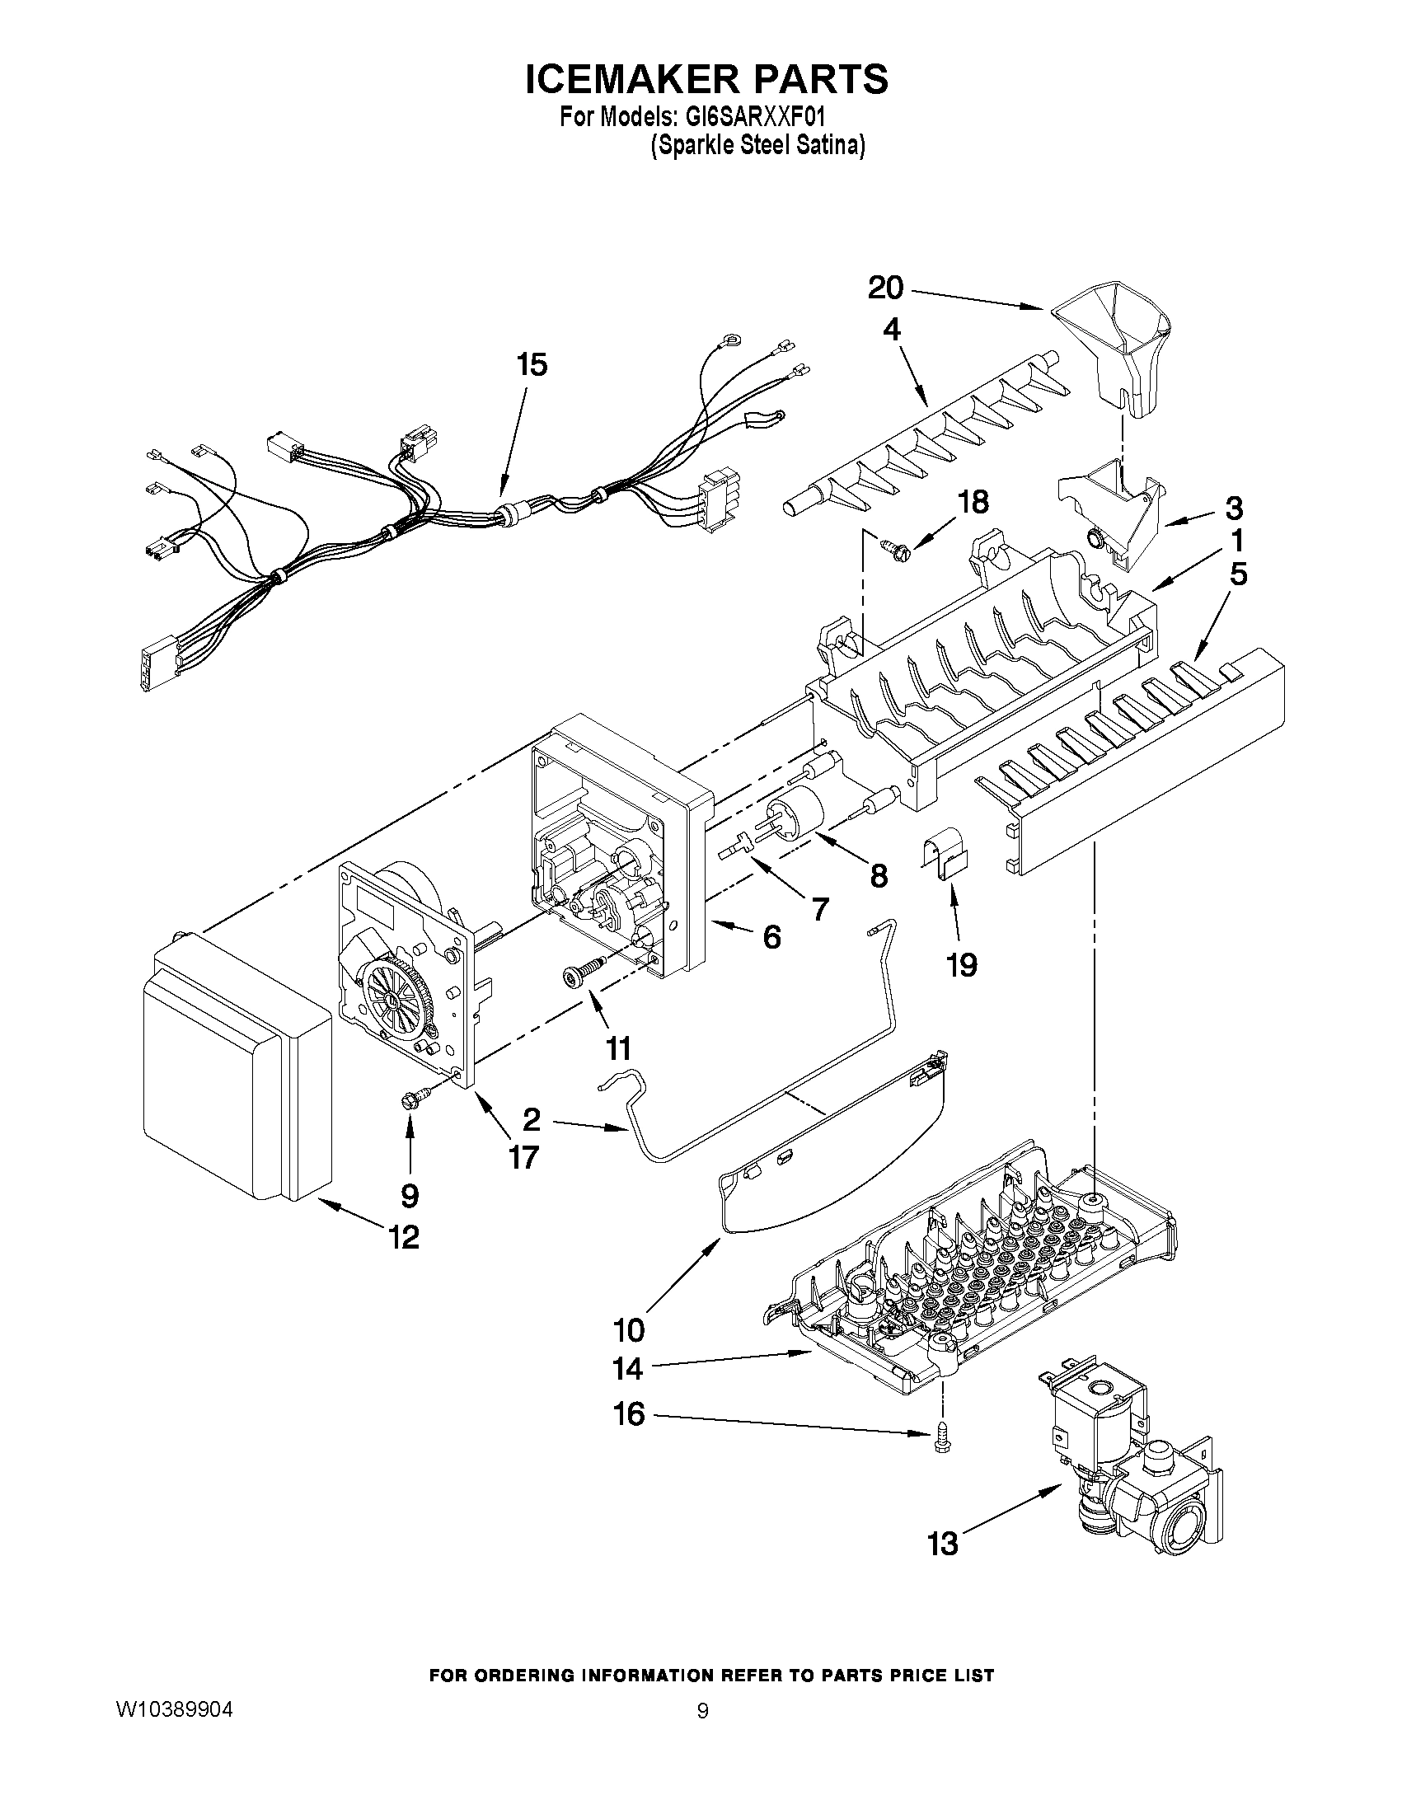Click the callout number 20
(x=885, y=288)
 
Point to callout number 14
(x=628, y=1367)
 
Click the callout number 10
(x=628, y=1329)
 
